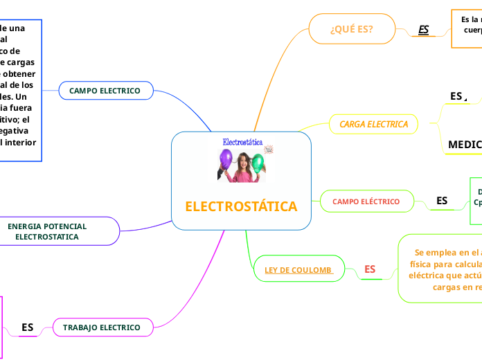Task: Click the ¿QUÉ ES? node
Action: (x=352, y=29)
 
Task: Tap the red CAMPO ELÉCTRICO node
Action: (x=366, y=201)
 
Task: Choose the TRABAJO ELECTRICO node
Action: (x=102, y=327)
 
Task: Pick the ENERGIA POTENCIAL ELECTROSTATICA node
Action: (x=47, y=231)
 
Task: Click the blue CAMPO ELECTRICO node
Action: (x=105, y=91)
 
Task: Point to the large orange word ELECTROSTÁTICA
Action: (x=241, y=206)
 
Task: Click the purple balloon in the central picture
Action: (x=226, y=159)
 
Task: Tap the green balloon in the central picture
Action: (x=258, y=163)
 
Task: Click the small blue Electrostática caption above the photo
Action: (x=242, y=141)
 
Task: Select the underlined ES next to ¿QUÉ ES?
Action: (x=424, y=30)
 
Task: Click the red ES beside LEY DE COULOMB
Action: (x=370, y=269)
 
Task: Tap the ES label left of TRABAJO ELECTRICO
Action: (x=28, y=327)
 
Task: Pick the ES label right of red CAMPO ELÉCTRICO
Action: (x=441, y=201)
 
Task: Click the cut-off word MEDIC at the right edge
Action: (x=464, y=144)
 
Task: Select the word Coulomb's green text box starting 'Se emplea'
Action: (x=440, y=269)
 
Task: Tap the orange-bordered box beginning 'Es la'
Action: (x=467, y=28)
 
